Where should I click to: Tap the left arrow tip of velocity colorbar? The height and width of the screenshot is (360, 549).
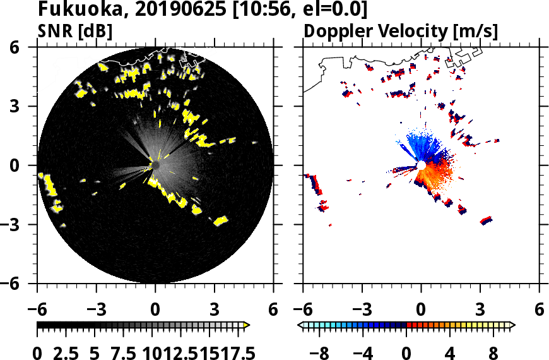(300, 325)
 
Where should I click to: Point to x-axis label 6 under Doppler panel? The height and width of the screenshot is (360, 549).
(539, 311)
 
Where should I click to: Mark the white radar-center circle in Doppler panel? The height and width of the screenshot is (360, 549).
(421, 165)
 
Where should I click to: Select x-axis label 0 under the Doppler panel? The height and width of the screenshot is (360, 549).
(421, 311)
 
